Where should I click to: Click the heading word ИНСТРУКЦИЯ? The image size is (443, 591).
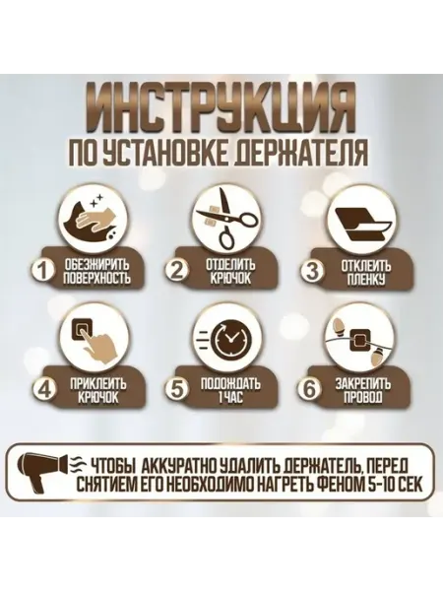[x=221, y=109]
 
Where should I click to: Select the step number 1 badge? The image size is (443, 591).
[x=43, y=271]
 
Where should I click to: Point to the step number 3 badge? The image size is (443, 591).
[x=311, y=271]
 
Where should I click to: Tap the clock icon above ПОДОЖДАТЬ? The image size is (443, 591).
[x=228, y=337]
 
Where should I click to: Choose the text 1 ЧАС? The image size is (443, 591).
[x=228, y=397]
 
